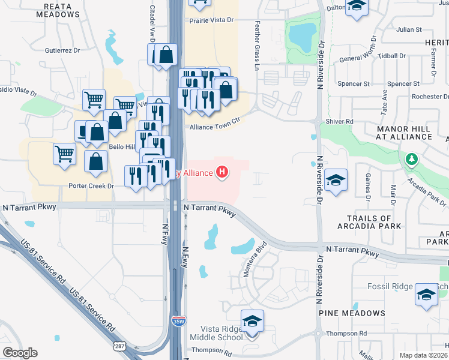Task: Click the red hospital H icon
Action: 223,173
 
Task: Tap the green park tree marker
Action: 411,160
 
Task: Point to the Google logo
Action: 20,353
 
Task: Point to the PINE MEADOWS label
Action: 352,313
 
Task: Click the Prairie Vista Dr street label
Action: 211,20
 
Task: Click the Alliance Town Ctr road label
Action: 214,127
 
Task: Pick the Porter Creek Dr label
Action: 91,185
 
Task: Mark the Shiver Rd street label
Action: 340,121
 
